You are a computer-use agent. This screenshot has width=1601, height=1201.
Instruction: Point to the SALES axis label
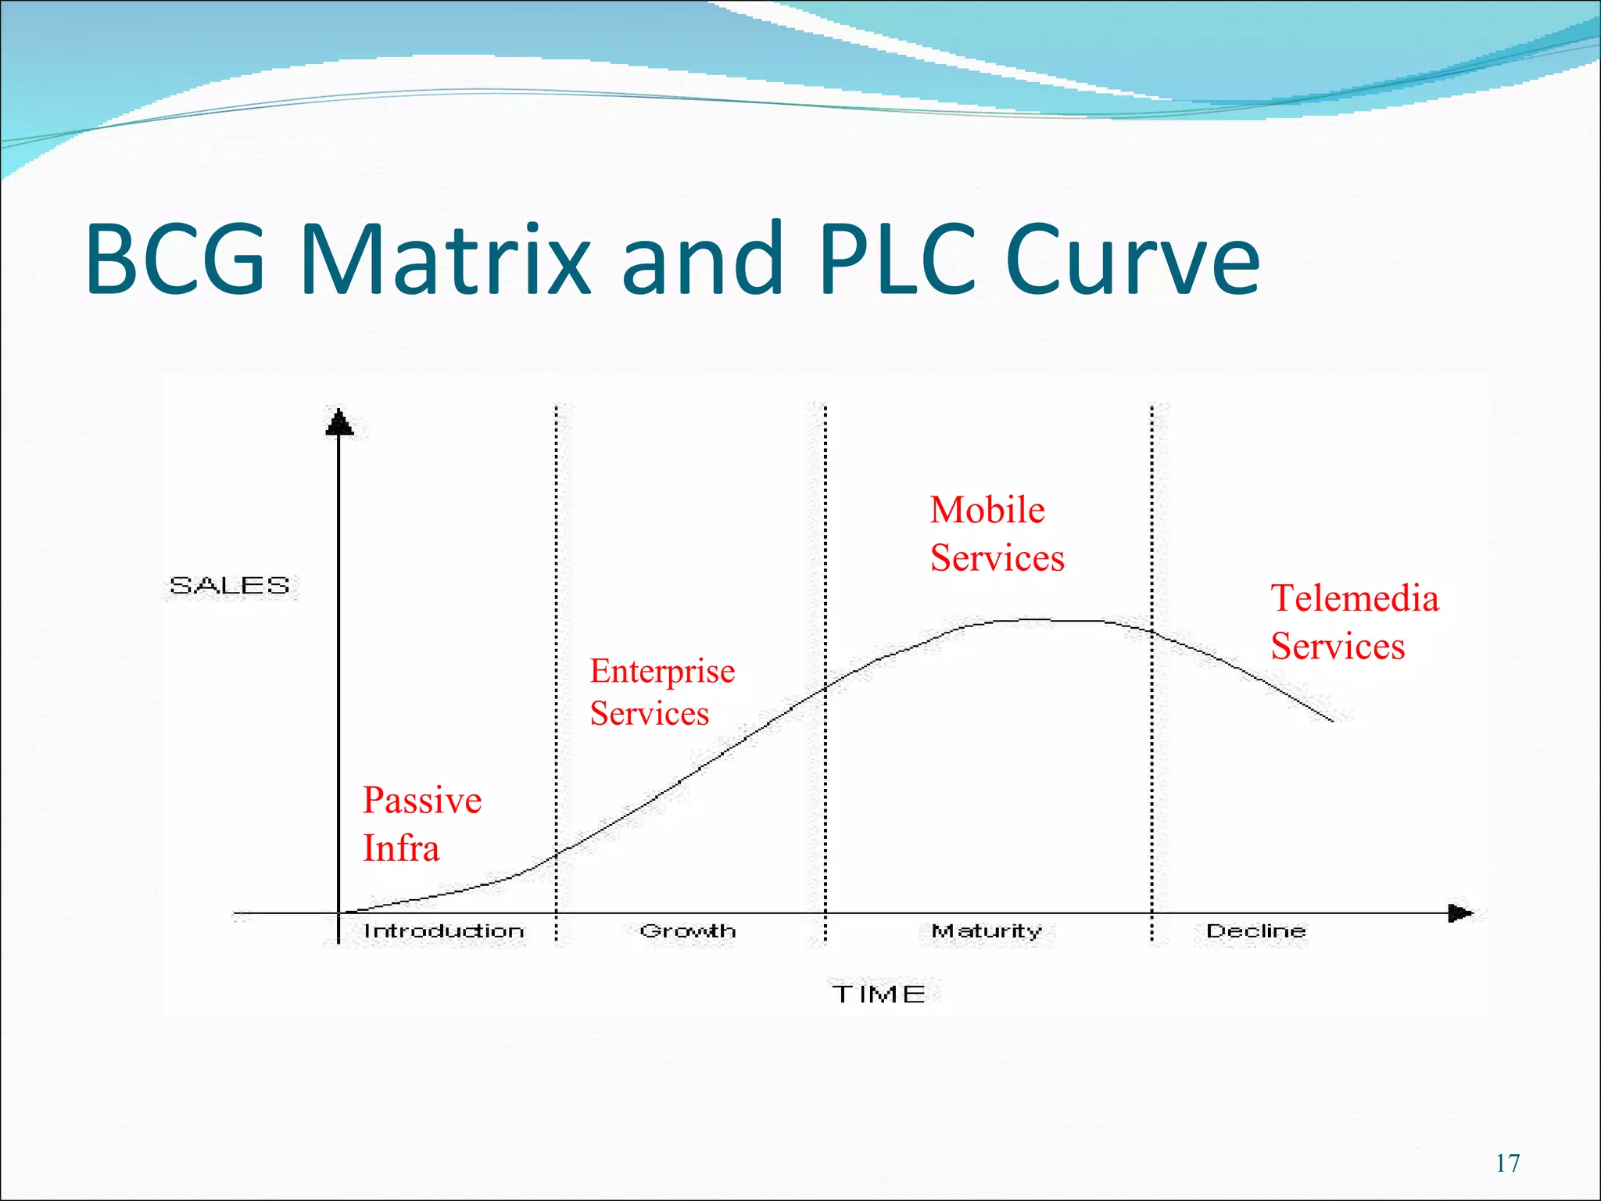pyautogui.click(x=230, y=586)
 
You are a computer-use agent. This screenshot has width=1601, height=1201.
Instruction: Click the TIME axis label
pyautogui.click(x=879, y=995)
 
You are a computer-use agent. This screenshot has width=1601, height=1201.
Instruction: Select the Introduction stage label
pyautogui.click(x=443, y=931)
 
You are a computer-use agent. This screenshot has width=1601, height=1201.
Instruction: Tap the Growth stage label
pyautogui.click(x=687, y=931)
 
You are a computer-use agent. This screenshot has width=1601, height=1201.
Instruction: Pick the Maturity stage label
pyautogui.click(x=987, y=931)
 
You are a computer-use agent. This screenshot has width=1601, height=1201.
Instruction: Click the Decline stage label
pyautogui.click(x=1255, y=931)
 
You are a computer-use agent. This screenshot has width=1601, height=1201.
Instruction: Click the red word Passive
pyautogui.click(x=422, y=801)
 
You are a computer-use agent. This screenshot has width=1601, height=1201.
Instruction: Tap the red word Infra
pyautogui.click(x=401, y=849)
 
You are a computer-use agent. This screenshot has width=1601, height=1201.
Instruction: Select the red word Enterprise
pyautogui.click(x=662, y=671)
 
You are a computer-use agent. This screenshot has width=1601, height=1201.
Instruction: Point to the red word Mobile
pyautogui.click(x=987, y=511)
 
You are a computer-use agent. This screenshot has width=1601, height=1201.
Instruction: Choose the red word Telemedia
pyautogui.click(x=1355, y=599)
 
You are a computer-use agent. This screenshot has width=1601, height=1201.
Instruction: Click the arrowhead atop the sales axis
pyautogui.click(x=338, y=422)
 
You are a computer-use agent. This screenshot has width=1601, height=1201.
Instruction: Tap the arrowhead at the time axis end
pyautogui.click(x=1460, y=912)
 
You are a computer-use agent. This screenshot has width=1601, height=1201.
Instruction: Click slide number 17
pyautogui.click(x=1507, y=1163)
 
